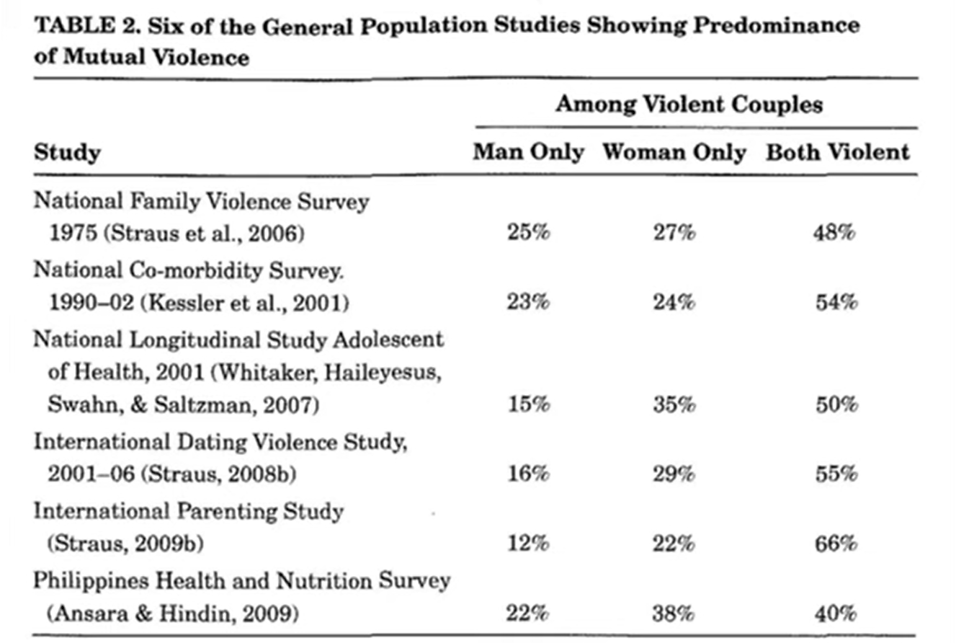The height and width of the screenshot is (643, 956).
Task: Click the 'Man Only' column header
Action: click(528, 152)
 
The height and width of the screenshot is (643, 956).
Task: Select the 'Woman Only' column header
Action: click(674, 152)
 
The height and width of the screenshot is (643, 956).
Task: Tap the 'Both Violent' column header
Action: click(838, 152)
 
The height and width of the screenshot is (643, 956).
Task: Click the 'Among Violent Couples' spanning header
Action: click(689, 105)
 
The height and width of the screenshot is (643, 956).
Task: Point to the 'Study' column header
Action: click(68, 153)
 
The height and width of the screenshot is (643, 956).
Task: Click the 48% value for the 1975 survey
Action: click(834, 233)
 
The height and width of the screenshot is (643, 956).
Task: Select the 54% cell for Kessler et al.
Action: click(836, 302)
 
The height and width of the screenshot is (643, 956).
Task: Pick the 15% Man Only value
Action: click(529, 404)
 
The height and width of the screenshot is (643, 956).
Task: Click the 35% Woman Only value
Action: click(674, 404)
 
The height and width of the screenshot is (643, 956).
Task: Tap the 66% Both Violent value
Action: click(836, 544)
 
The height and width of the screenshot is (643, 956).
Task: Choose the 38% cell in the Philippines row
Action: click(673, 613)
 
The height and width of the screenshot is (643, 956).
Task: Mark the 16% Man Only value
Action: click(528, 474)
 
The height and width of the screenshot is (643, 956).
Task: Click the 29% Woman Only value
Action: click(674, 474)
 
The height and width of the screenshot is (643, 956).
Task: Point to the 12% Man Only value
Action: click(528, 544)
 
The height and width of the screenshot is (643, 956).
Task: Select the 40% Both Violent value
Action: click(835, 613)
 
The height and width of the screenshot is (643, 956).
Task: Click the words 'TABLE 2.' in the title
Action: click(87, 26)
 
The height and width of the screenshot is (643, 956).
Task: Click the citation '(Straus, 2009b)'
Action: click(125, 544)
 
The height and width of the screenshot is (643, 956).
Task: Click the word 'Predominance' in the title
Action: click(777, 25)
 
